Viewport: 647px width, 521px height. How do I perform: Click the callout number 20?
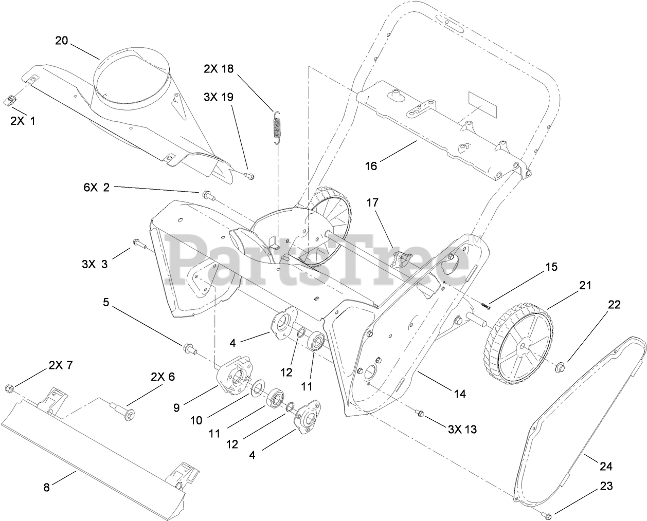61,41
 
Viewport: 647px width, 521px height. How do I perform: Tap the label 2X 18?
218,69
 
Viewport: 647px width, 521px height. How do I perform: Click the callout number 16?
371,165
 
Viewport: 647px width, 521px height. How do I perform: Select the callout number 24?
606,467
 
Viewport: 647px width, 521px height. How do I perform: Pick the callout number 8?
46,487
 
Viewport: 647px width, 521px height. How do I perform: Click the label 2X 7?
61,365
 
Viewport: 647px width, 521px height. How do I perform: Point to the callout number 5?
105,302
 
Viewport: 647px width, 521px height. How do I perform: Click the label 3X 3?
94,264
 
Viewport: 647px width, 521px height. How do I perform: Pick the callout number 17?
372,203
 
